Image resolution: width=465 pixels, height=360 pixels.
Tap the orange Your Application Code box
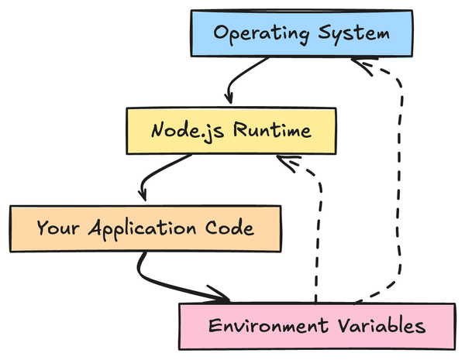144,228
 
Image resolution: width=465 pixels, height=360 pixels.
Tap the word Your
55,228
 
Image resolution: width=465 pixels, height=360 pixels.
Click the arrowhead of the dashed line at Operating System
363,65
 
